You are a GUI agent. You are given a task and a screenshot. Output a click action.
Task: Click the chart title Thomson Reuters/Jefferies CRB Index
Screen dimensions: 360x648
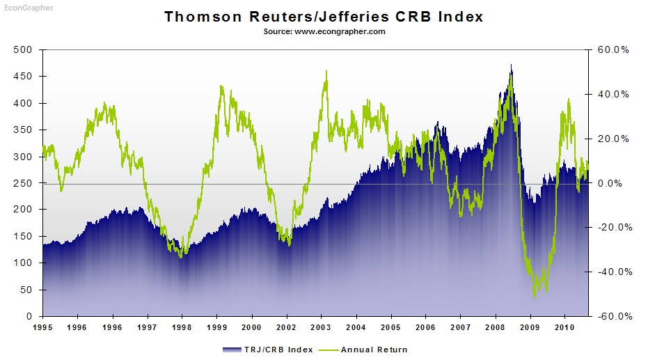click(324, 16)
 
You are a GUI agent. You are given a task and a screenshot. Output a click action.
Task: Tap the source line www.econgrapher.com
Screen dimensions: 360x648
click(324, 31)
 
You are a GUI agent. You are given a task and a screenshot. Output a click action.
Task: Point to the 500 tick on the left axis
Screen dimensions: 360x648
click(24, 49)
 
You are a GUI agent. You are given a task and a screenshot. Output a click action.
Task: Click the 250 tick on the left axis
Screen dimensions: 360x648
click(24, 183)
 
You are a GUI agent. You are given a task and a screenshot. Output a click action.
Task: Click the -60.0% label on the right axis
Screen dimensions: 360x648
click(613, 316)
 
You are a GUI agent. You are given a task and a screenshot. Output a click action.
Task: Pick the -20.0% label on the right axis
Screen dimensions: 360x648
click(613, 227)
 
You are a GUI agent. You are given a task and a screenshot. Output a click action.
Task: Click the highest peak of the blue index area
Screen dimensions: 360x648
click(511, 65)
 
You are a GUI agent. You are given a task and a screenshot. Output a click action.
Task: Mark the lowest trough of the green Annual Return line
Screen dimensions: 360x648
click(535, 297)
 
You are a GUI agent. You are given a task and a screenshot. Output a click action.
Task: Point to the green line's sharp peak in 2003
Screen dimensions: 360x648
click(326, 71)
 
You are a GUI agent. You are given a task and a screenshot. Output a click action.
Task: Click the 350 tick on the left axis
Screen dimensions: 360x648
click(24, 130)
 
